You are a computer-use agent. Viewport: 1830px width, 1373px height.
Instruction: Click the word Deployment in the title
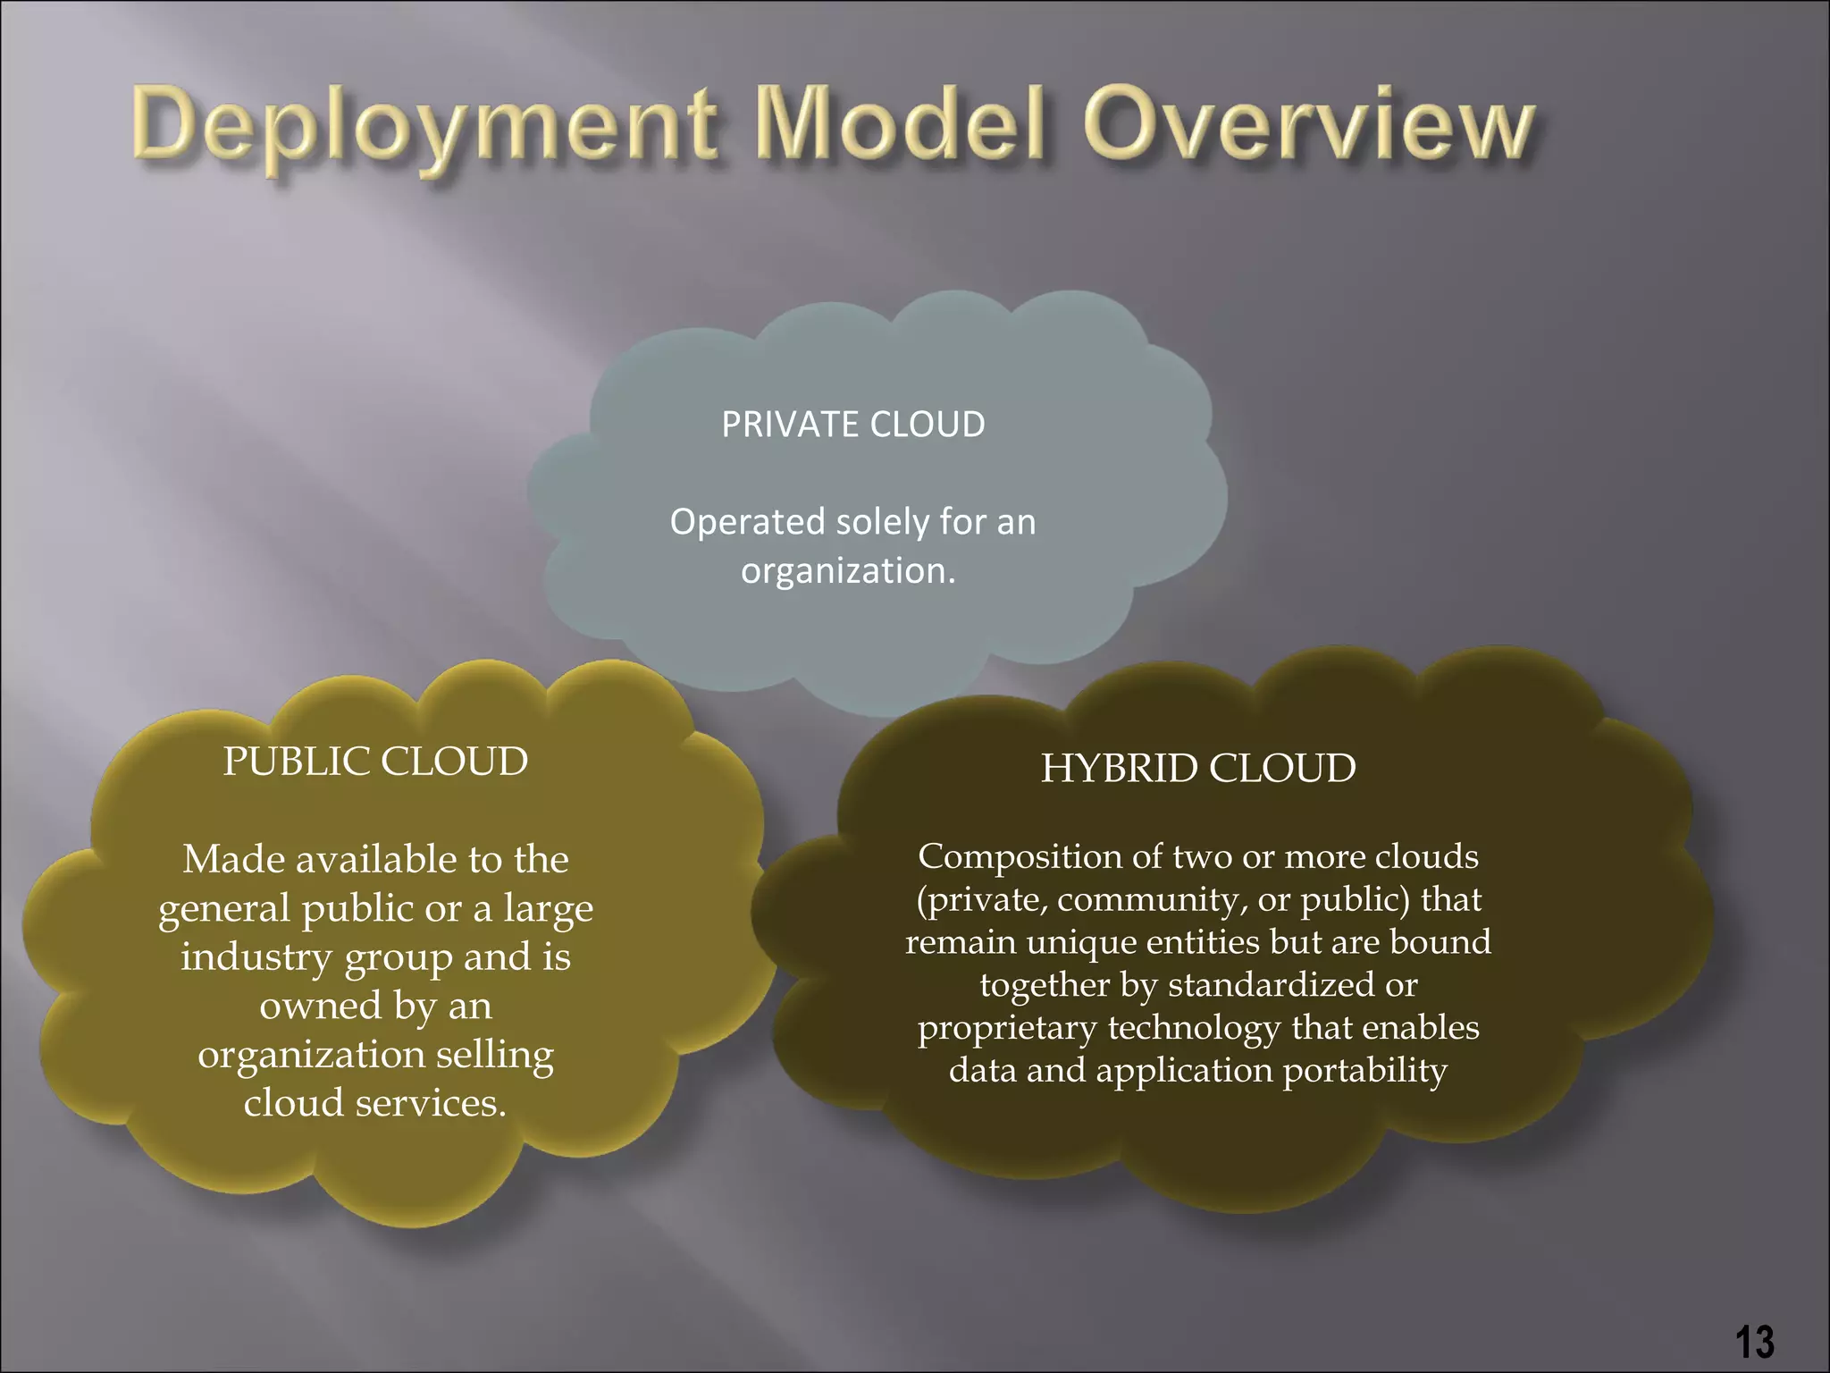tap(425, 130)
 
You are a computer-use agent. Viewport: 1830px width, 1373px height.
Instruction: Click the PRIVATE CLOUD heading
tap(852, 425)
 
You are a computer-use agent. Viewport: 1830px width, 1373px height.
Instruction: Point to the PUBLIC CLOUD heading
tap(375, 762)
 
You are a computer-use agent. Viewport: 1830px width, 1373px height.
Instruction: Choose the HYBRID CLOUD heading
tap(1198, 769)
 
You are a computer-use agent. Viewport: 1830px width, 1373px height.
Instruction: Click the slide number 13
tap(1754, 1342)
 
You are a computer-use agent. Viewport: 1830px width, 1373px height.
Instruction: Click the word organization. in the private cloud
tap(848, 571)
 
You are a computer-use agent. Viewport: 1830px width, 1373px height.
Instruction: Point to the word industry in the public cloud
tap(256, 957)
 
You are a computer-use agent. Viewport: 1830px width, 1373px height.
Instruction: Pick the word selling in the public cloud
tap(495, 1055)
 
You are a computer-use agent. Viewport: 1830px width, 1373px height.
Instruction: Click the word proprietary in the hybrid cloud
tap(1007, 1028)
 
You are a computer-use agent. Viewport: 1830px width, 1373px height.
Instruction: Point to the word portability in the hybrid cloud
tap(1364, 1071)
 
